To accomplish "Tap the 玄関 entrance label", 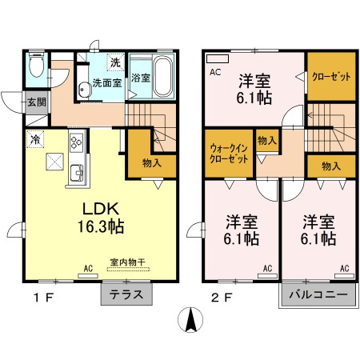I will pos(36,102).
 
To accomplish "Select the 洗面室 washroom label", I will pos(103,82).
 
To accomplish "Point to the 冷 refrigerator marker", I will pos(35,139).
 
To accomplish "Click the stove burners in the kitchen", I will pos(77,143).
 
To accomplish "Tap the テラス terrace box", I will pos(127,294).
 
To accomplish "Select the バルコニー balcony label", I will pos(314,294).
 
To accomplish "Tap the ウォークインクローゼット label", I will pos(229,153).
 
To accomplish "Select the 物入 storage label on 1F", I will pos(151,163).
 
